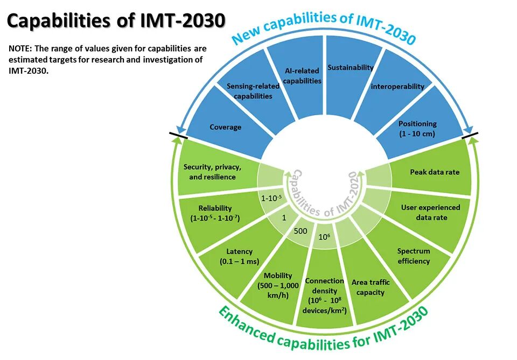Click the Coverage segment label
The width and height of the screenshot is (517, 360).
click(x=225, y=128)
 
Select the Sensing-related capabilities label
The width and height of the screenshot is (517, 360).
click(x=249, y=91)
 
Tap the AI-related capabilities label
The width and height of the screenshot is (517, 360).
click(x=303, y=76)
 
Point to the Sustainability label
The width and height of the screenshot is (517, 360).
click(x=351, y=68)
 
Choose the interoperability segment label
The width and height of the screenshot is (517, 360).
click(x=397, y=86)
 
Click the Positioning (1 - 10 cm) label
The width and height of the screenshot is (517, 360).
click(x=417, y=128)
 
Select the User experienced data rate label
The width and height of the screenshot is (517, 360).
click(x=430, y=212)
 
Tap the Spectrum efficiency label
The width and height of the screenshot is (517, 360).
click(x=414, y=256)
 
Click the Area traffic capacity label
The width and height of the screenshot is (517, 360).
click(x=371, y=287)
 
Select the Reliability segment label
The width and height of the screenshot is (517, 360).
click(x=215, y=213)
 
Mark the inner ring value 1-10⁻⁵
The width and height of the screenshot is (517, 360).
click(x=271, y=199)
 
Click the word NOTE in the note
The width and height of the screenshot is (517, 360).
click(x=19, y=48)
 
